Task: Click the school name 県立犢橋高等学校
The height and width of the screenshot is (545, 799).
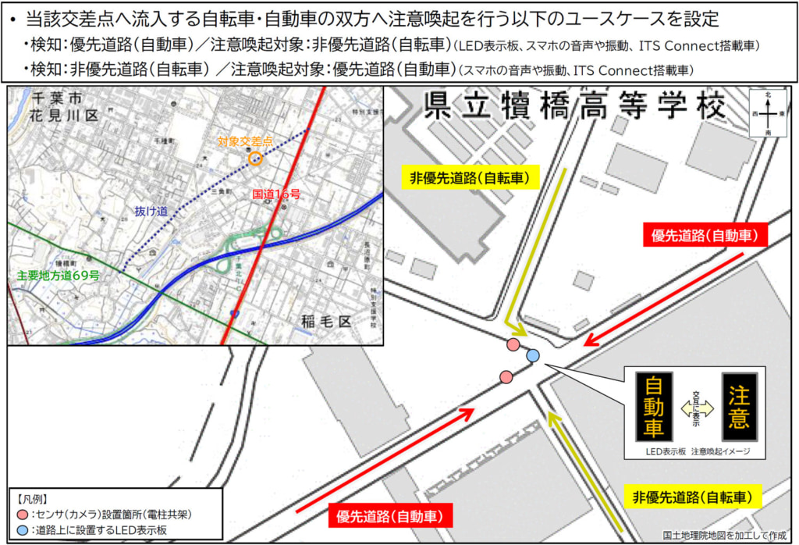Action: [574, 107]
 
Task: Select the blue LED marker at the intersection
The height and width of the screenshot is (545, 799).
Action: [533, 356]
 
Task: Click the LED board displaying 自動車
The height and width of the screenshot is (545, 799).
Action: [654, 405]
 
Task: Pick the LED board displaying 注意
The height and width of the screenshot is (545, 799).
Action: [738, 405]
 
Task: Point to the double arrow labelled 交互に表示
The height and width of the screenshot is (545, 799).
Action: [696, 407]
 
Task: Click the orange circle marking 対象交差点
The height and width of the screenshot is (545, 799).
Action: [254, 159]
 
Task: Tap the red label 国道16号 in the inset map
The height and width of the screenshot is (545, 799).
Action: [276, 193]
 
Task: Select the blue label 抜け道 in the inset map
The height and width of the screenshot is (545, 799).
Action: [151, 212]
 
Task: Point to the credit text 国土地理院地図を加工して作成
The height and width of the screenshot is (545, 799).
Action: [725, 536]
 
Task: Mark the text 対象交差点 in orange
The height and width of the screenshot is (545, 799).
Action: [246, 142]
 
